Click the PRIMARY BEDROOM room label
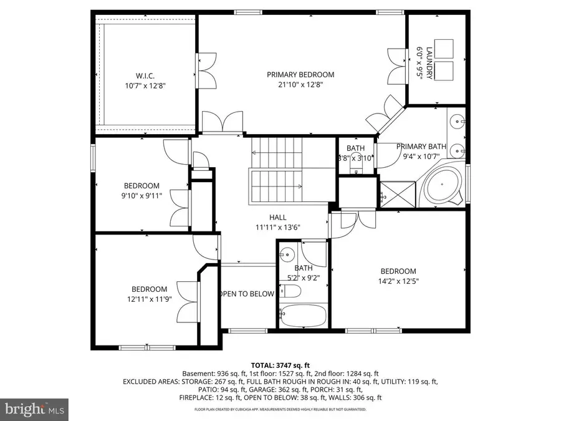click(x=300, y=74)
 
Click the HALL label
click(x=278, y=217)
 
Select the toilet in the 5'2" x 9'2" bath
click(x=290, y=292)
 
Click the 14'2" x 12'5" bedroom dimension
click(x=398, y=281)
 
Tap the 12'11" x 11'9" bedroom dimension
click(x=149, y=299)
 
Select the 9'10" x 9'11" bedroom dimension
click(x=141, y=195)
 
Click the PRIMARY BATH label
click(x=421, y=147)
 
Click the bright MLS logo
click(x=34, y=409)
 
